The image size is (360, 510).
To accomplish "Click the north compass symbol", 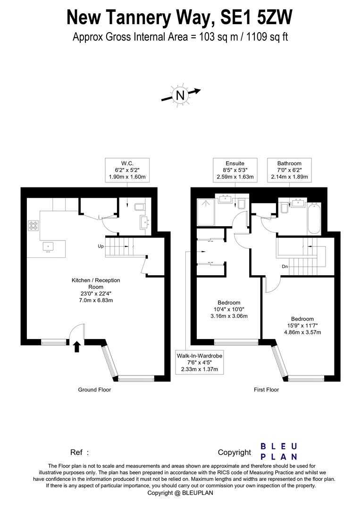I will (x=180, y=96).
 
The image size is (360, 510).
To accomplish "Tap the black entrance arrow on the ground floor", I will (x=77, y=348).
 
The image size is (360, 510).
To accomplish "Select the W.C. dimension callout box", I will (x=127, y=170).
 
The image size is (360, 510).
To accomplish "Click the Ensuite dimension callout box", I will (x=235, y=170).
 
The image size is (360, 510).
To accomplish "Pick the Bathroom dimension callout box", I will (x=289, y=170).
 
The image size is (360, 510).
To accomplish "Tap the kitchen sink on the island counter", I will (x=48, y=246).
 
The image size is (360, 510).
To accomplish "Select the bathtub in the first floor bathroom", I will (x=314, y=219).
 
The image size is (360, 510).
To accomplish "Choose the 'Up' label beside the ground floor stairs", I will (x=100, y=246).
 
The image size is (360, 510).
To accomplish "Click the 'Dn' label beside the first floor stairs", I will (x=285, y=266).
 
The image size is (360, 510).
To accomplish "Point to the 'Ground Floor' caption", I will (x=94, y=390).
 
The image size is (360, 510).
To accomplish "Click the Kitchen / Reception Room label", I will (x=96, y=290).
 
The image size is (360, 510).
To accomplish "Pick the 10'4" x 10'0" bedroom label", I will (x=229, y=309).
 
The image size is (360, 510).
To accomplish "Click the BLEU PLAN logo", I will (x=279, y=451).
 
